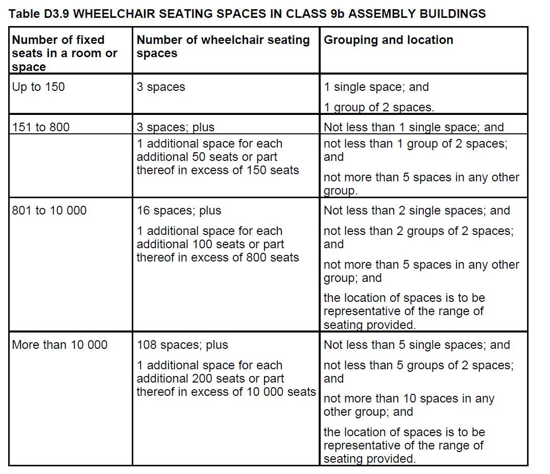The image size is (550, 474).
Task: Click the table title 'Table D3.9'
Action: (x=39, y=14)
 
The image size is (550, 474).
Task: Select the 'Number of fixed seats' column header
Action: (x=64, y=53)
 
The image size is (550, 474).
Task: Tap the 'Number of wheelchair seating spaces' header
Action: (x=223, y=46)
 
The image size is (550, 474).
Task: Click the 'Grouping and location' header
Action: (x=388, y=40)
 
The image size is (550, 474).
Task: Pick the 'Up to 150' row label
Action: (x=38, y=87)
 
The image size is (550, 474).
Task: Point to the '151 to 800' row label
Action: (x=40, y=127)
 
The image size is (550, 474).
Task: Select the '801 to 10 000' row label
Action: (x=49, y=210)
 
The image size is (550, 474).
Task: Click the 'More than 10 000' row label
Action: (x=59, y=345)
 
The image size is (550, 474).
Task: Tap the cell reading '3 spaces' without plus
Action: (x=160, y=87)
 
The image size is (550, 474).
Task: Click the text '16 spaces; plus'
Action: (x=179, y=210)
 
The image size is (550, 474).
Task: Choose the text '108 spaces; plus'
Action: (x=182, y=345)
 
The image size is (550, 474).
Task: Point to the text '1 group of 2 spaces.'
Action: (x=378, y=107)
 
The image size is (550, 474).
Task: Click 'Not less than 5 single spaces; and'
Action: (x=416, y=345)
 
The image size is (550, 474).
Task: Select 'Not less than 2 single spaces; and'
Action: (x=416, y=210)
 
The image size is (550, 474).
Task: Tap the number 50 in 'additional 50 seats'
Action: (x=199, y=157)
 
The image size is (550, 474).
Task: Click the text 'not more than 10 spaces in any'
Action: (x=409, y=398)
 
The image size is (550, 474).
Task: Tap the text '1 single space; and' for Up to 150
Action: (x=376, y=87)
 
